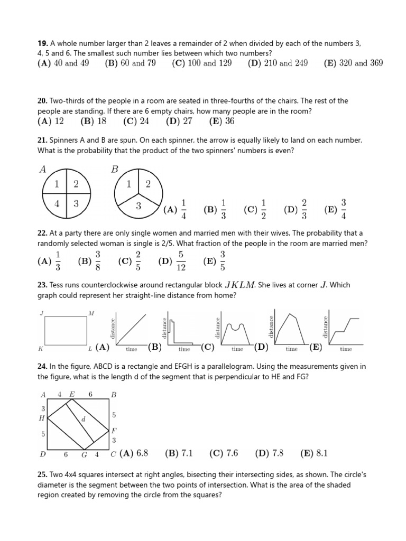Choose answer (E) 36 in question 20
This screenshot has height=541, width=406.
[222, 122]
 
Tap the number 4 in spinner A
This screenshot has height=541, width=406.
[57, 204]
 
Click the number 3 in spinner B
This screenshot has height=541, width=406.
[138, 206]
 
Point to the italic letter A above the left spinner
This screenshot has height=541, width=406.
[42, 170]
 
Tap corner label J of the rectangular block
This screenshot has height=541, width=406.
[41, 313]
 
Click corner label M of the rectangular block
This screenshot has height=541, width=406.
[91, 313]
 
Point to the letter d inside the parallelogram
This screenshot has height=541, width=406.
[83, 419]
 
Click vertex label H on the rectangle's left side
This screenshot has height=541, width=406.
[42, 418]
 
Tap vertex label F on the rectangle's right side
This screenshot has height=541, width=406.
[113, 431]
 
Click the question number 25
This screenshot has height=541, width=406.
[42, 475]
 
